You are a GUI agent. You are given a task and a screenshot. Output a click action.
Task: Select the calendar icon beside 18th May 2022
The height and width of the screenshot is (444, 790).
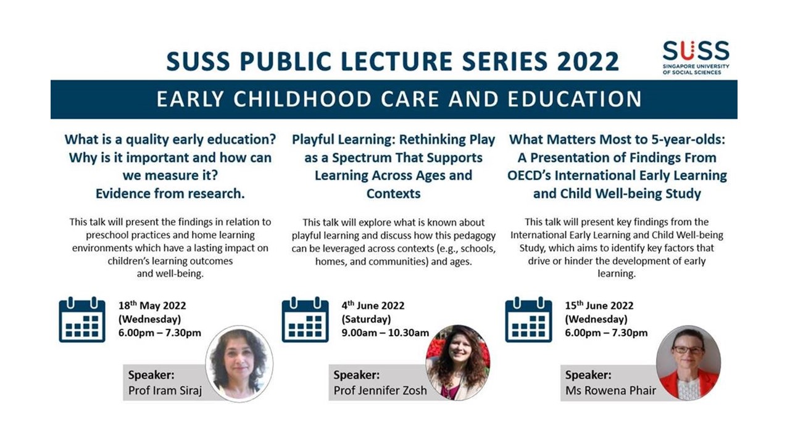[x=82, y=319]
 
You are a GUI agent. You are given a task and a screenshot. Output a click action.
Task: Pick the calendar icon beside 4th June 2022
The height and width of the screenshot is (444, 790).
[x=305, y=319]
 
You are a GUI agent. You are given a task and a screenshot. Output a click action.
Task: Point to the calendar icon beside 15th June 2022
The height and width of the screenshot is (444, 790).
[x=528, y=319]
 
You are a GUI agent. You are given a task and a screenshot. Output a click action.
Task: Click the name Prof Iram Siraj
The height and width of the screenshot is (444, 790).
[x=165, y=390]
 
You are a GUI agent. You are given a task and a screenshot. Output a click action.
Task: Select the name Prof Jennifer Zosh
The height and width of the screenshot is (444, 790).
[x=380, y=390]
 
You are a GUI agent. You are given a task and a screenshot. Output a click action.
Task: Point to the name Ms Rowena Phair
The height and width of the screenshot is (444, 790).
[x=611, y=390]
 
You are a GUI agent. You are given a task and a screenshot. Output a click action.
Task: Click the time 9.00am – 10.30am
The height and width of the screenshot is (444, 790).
[x=385, y=333]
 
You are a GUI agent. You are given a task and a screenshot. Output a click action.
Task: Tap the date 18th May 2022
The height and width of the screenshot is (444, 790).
[x=152, y=306]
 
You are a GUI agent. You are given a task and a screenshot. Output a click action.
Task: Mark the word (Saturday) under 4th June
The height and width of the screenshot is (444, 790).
[x=366, y=319]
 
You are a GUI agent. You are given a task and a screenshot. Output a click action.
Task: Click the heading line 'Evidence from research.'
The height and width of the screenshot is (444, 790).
[x=170, y=194]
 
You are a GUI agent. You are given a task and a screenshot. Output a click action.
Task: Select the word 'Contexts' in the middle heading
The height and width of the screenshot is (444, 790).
[x=393, y=194]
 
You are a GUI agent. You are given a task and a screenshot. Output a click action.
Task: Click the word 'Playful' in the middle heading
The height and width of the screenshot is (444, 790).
[x=317, y=140]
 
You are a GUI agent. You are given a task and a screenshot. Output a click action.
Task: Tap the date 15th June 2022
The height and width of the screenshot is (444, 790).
[x=599, y=306]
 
